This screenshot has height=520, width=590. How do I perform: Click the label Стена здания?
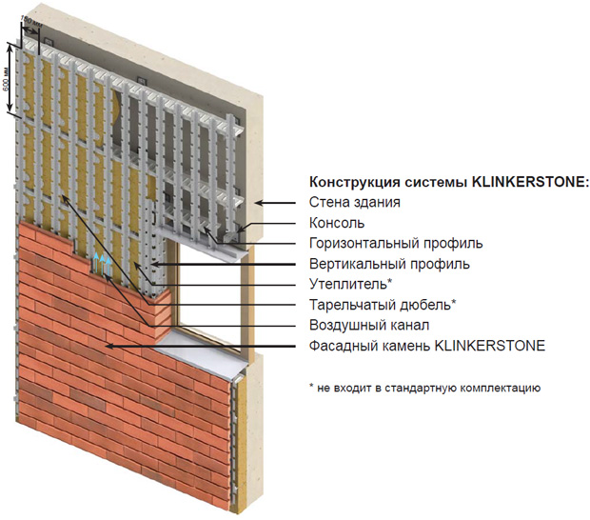pos(354,203)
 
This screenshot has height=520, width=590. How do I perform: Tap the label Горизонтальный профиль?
pos(396,244)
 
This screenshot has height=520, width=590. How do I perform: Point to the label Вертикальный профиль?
pos(389,264)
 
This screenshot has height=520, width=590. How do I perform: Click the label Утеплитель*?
pos(351,285)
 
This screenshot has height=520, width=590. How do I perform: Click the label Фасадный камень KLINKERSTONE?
pos(427,346)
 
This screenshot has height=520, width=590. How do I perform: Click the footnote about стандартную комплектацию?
pos(424,389)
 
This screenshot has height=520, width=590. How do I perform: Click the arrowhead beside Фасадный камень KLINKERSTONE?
pos(110,347)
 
